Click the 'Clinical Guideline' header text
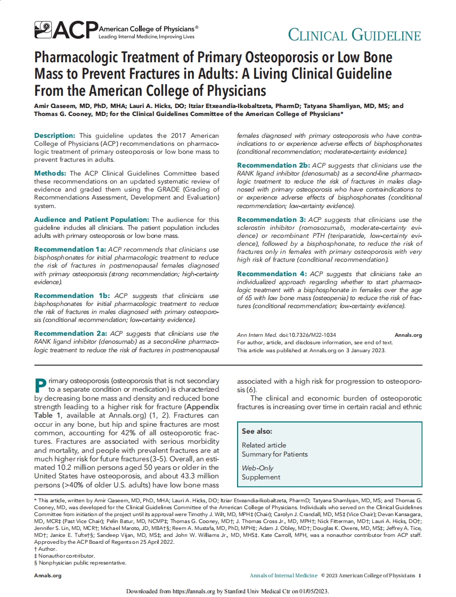(354, 35)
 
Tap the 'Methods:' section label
(51, 173)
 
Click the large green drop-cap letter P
(40, 386)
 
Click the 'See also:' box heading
(257, 432)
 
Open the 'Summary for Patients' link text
(274, 454)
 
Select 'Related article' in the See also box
(264, 445)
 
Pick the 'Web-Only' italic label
(257, 468)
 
